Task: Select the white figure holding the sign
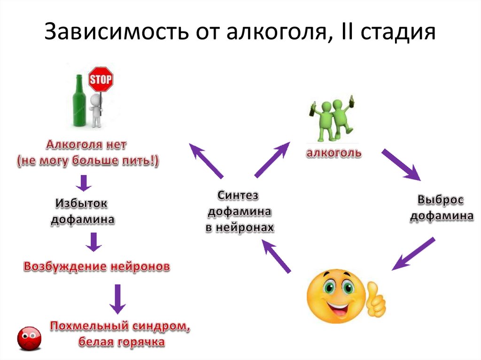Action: tap(96, 110)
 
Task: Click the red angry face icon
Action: tap(29, 338)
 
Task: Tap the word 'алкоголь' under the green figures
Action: tap(334, 153)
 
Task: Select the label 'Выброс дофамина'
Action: tap(442, 208)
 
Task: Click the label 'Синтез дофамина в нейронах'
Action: tap(239, 211)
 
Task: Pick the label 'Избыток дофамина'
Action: tap(83, 211)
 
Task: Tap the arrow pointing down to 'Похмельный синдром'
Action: tap(117, 299)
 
